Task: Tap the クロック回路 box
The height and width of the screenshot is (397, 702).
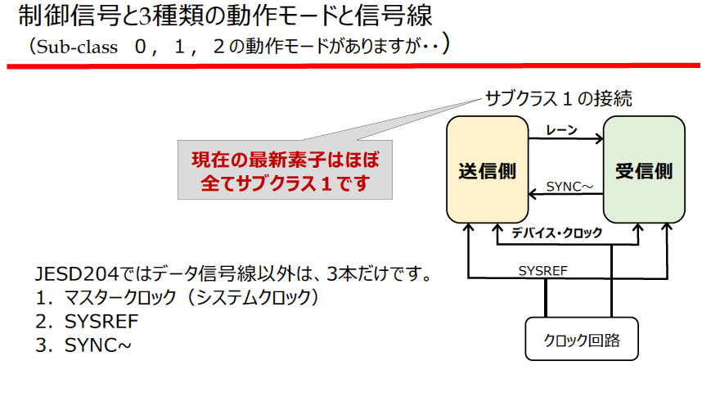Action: pyautogui.click(x=581, y=339)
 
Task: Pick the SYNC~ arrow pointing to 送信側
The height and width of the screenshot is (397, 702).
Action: pyautogui.click(x=565, y=195)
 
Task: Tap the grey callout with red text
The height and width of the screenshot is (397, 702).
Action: pyautogui.click(x=285, y=170)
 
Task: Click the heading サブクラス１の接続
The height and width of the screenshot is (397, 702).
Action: pyautogui.click(x=558, y=98)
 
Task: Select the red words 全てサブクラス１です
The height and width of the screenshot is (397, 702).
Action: pyautogui.click(x=285, y=183)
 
